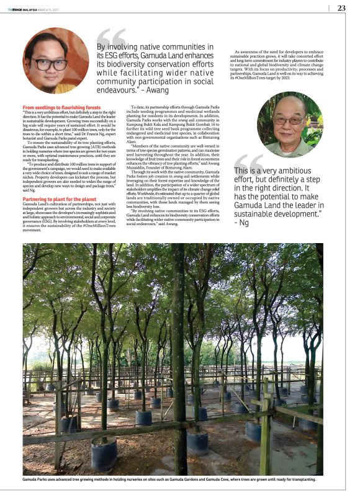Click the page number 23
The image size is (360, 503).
[x=341, y=8]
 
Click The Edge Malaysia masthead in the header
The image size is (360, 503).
[x=24, y=9]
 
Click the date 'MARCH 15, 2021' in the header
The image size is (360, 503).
[x=48, y=9]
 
